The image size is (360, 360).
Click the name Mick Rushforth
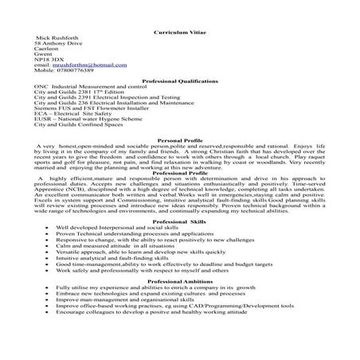click(57, 39)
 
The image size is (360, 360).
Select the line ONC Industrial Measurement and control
click(88, 89)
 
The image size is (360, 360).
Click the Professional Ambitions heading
click(179, 281)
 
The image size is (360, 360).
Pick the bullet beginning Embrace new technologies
click(159, 294)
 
